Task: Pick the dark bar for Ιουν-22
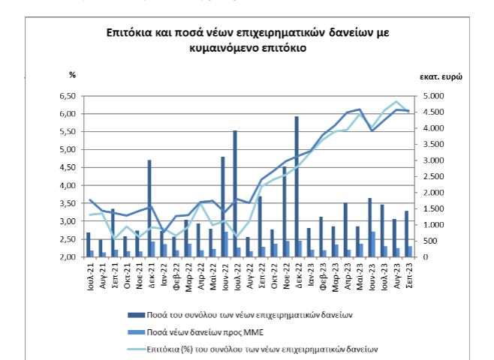tap(223, 206)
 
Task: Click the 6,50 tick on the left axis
tap(66, 96)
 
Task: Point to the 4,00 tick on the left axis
tap(66, 185)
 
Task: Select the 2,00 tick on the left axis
tap(66, 257)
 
